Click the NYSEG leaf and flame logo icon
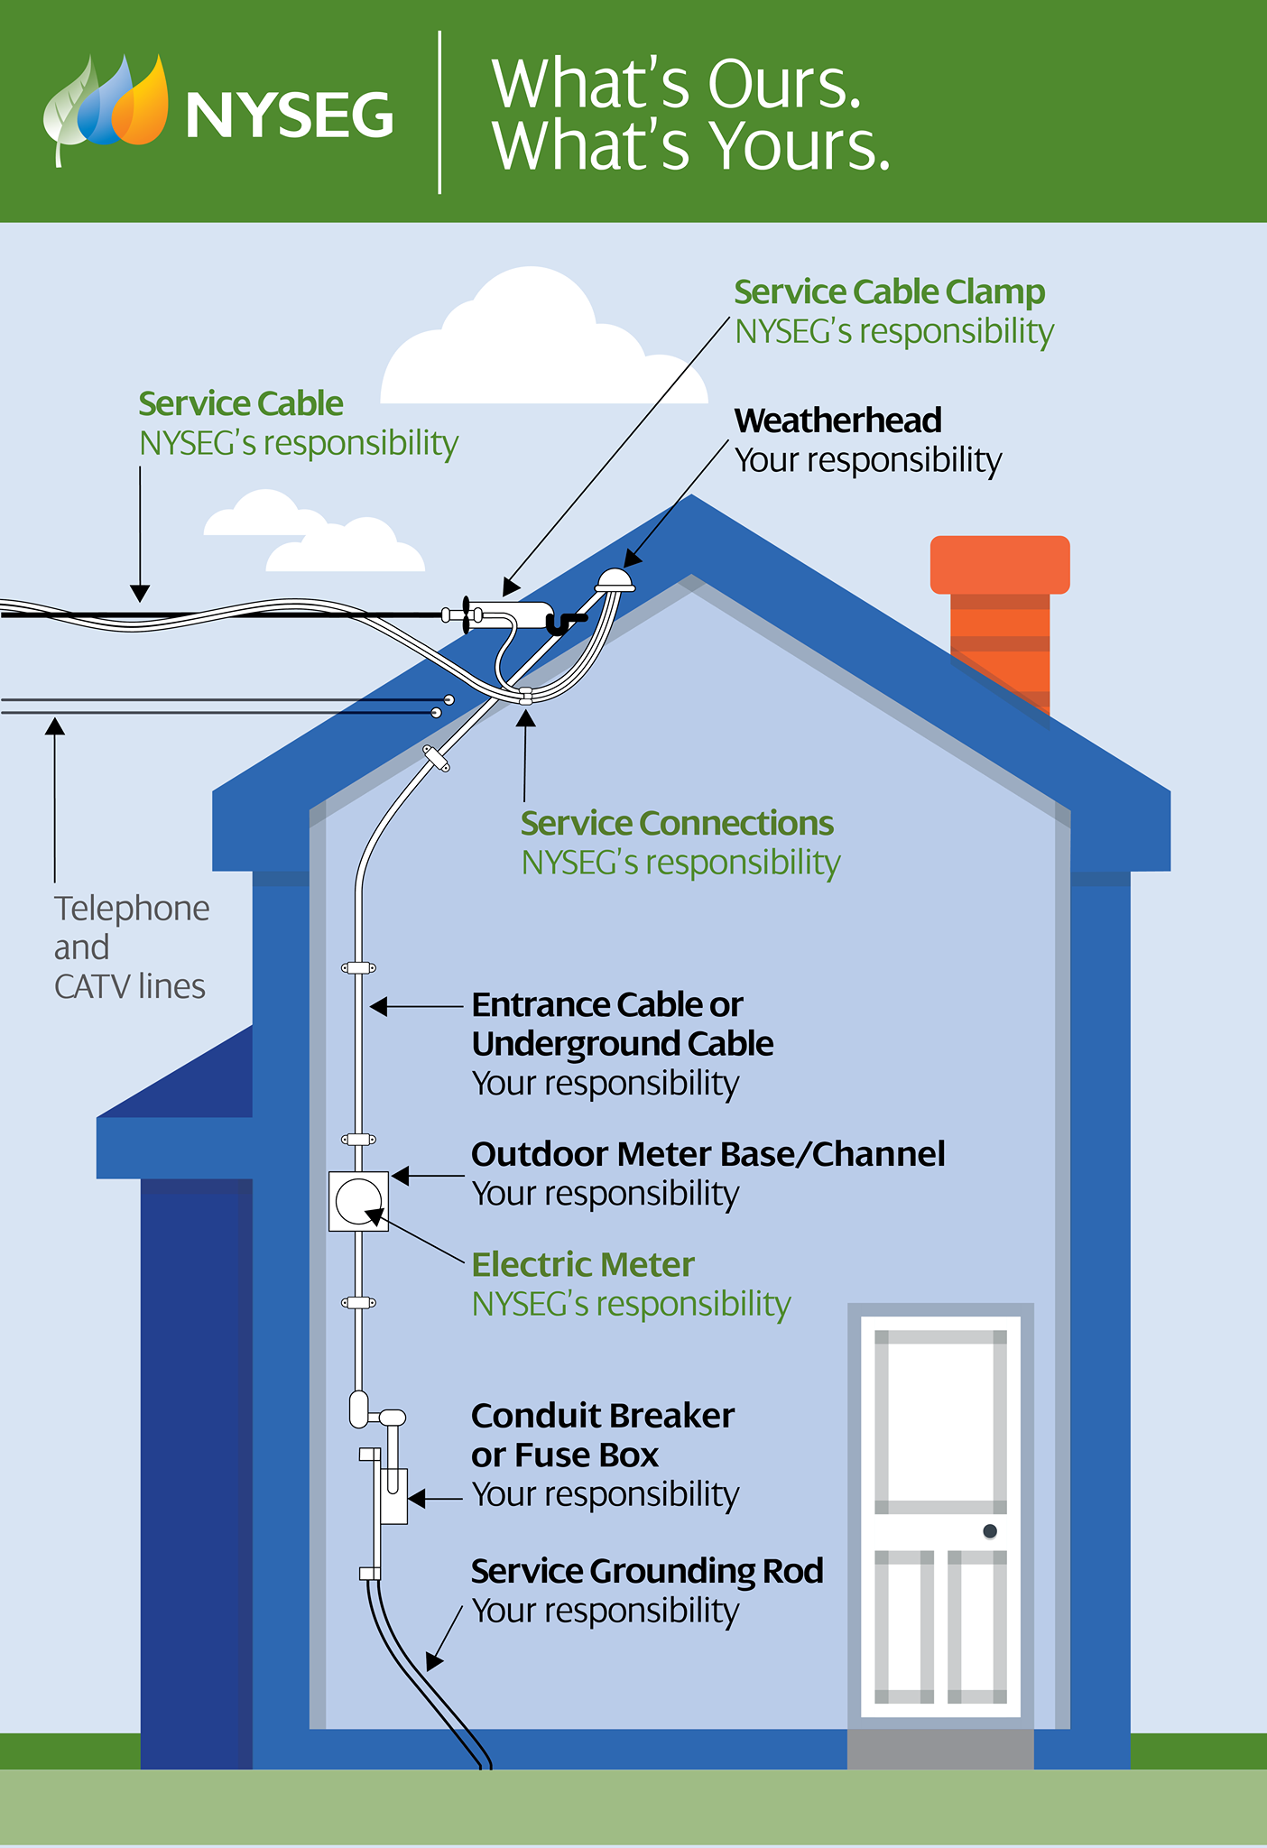click(x=106, y=108)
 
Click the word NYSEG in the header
click(x=289, y=115)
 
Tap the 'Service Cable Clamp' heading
click(x=889, y=292)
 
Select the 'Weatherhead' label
click(x=837, y=420)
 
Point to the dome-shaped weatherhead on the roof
click(x=615, y=579)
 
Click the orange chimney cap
click(x=1000, y=565)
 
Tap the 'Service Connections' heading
click(x=677, y=823)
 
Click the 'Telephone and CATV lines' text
click(x=132, y=947)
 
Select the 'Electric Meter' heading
click(x=583, y=1265)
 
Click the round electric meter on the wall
click(x=359, y=1201)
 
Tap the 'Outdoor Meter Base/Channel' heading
click(x=708, y=1154)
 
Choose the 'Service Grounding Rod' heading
click(x=647, y=1571)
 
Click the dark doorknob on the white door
click(x=990, y=1531)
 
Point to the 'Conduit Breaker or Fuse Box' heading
click(x=603, y=1436)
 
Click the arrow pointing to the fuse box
click(x=435, y=1499)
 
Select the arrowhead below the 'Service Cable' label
click(x=140, y=593)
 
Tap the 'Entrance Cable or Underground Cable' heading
click(x=623, y=1024)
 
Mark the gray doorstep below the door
click(x=940, y=1749)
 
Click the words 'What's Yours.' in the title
click(x=691, y=146)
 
